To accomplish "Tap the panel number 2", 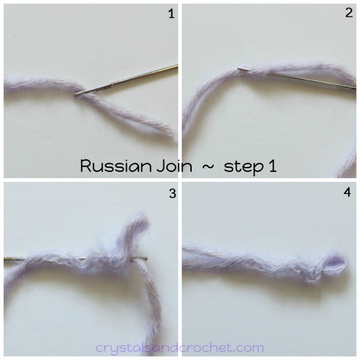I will [348, 13].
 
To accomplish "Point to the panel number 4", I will [347, 192].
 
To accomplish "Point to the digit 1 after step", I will [272, 166].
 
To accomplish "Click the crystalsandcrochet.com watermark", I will [180, 347].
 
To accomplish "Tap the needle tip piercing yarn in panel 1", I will [78, 94].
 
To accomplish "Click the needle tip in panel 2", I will [240, 69].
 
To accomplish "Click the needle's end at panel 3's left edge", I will [6, 259].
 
